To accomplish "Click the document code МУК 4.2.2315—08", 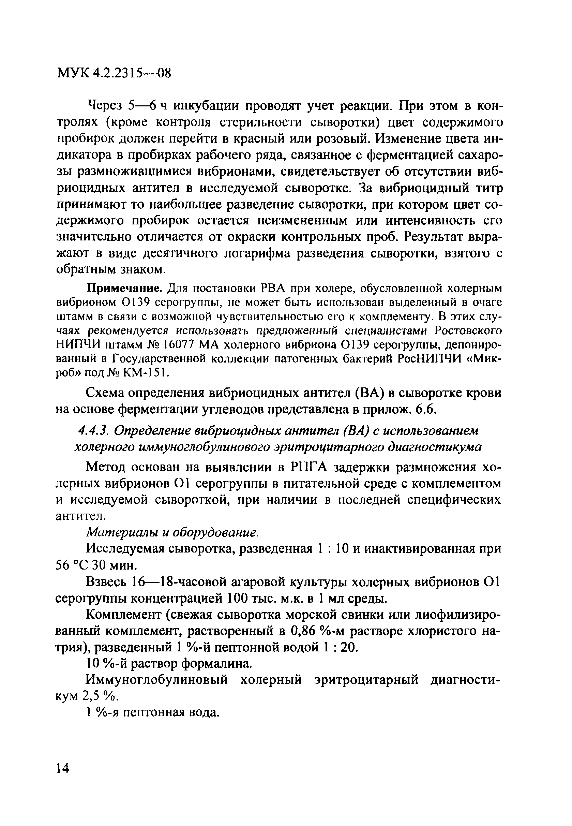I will (114, 73).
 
